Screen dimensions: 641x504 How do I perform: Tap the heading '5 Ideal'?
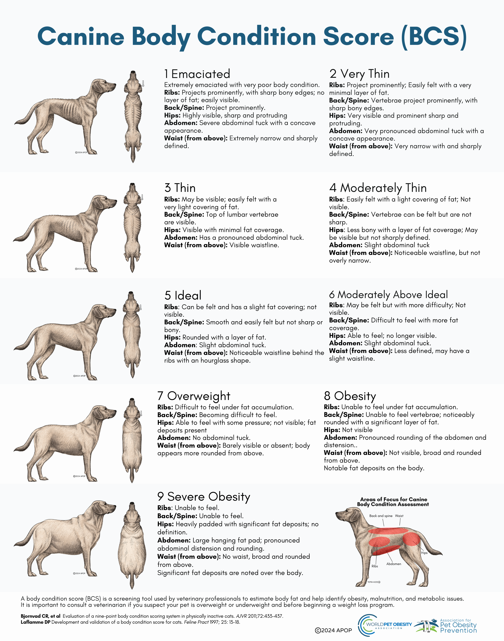click(x=183, y=296)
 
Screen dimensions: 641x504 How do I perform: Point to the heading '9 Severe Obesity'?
click(x=204, y=497)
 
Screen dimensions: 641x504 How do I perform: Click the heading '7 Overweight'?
click(x=194, y=396)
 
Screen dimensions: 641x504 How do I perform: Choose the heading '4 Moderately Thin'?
click(x=378, y=188)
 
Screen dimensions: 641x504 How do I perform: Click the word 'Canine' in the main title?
click(x=81, y=37)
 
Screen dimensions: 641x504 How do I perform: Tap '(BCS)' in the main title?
click(x=434, y=37)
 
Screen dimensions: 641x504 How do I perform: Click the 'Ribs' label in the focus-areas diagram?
click(x=374, y=566)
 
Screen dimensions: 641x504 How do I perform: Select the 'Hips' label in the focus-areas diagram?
click(x=424, y=553)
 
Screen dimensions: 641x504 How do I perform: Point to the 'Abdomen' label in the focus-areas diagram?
click(x=394, y=564)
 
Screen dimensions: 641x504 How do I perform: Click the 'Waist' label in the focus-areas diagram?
click(x=399, y=516)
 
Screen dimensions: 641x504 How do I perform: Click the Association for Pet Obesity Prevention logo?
click(x=446, y=626)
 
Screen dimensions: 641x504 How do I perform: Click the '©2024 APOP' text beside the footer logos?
click(x=333, y=630)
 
